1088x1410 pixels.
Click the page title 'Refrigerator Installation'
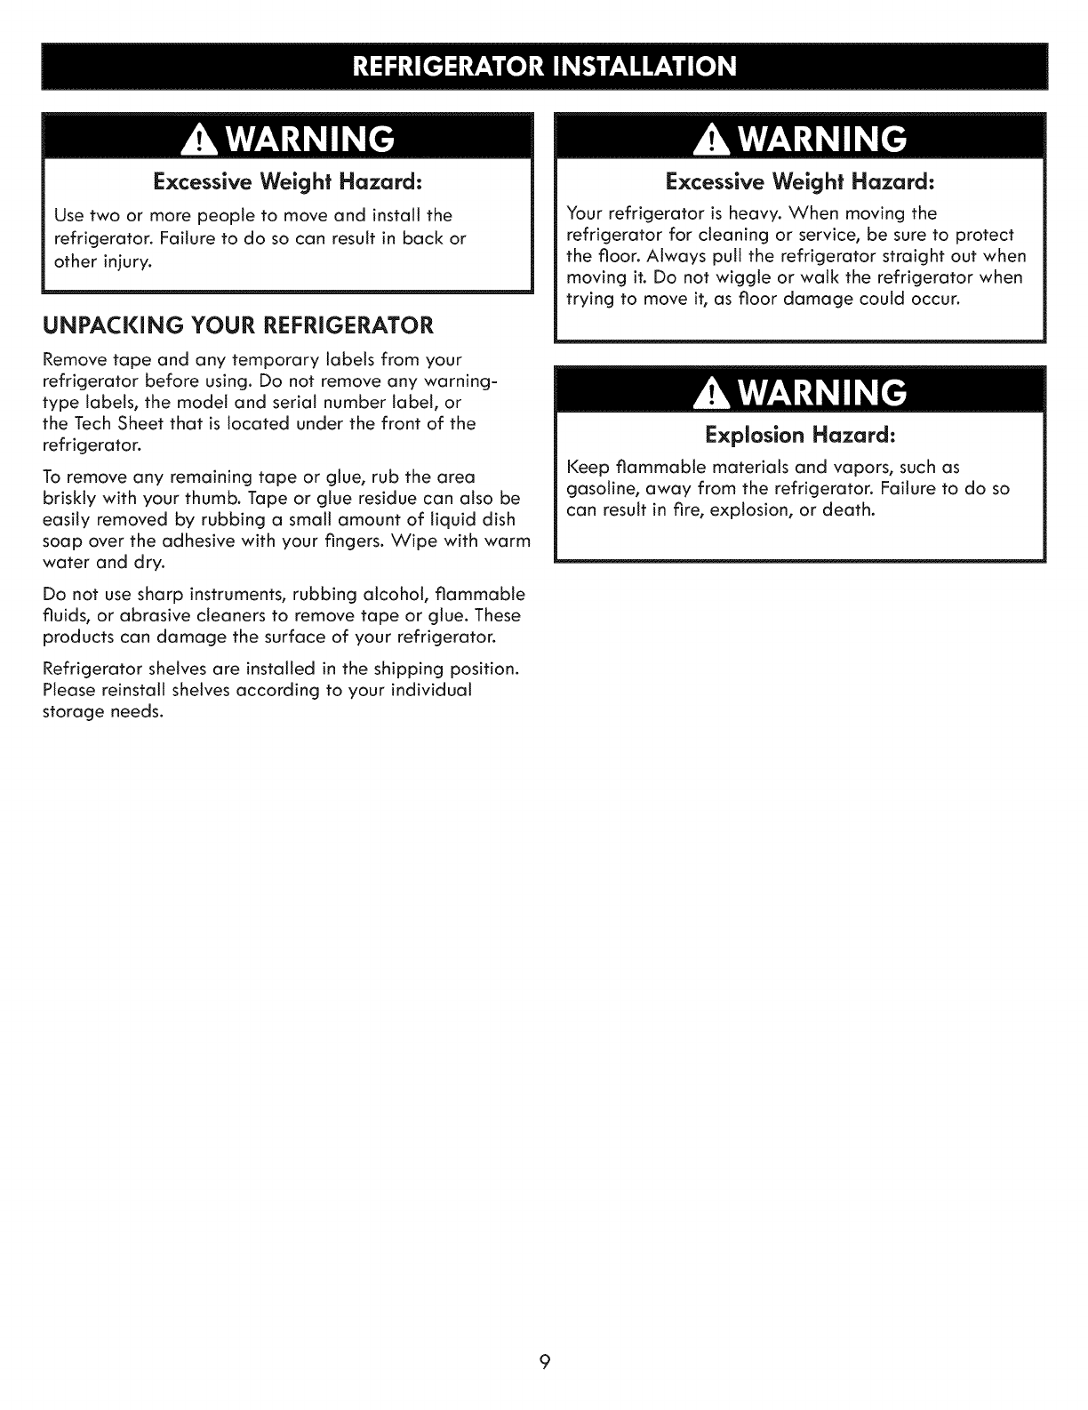click(544, 66)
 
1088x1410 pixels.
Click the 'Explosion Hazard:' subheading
click(799, 437)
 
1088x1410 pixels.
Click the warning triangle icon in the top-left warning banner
click(192, 140)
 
